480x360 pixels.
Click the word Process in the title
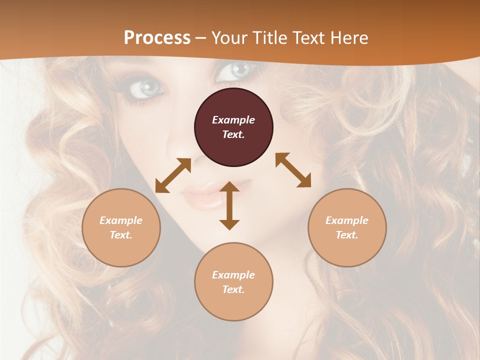157,37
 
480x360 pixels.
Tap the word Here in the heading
349,37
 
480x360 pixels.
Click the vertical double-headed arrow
229,205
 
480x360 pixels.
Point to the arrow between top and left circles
173,175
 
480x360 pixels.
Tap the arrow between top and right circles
293,170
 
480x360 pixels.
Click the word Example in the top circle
233,120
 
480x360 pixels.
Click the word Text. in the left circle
121,235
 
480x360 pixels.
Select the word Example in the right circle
347,220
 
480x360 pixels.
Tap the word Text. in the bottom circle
233,289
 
